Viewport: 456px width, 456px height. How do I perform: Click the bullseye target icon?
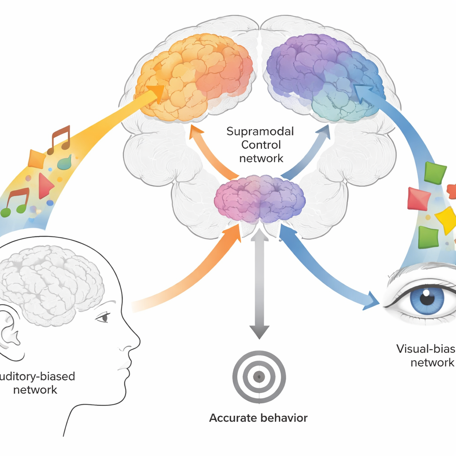[259, 377]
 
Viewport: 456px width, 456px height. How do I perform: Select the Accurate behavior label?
[258, 418]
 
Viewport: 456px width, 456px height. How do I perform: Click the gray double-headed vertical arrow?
[259, 285]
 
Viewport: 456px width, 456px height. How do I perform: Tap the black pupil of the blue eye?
[427, 297]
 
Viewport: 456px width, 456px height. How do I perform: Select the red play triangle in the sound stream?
[45, 186]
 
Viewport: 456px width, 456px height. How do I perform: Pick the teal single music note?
[65, 163]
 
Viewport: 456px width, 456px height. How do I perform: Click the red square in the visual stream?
[419, 199]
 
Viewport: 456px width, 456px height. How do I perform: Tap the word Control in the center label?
[261, 145]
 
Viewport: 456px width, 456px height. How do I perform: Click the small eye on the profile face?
[104, 317]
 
